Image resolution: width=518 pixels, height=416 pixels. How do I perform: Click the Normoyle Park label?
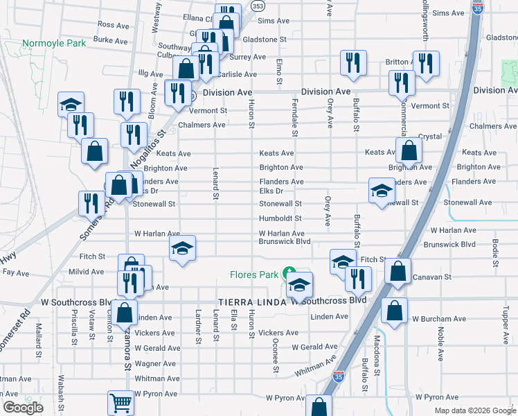54,43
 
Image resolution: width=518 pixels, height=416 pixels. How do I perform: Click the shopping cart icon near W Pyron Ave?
120,401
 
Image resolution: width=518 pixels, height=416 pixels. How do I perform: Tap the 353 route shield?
258,6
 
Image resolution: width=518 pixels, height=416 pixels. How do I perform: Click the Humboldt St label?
280,218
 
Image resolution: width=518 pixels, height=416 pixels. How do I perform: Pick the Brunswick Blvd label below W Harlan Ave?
284,242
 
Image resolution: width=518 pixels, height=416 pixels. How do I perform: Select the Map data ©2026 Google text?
475,410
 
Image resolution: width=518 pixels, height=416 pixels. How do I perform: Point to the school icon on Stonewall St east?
381,191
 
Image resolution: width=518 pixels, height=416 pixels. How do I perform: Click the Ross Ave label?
114,24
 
